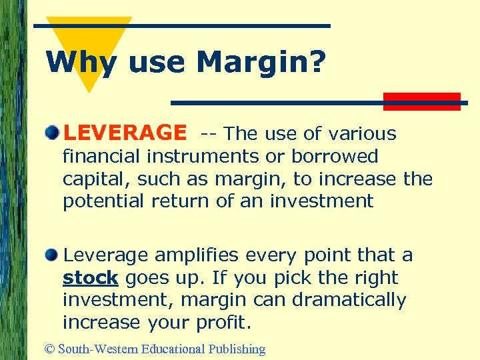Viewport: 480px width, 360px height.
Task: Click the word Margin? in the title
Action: coord(261,63)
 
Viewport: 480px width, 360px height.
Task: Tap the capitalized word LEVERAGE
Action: coord(125,133)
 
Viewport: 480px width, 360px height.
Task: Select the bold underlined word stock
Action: coord(90,278)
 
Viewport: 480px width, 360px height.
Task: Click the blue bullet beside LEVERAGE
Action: coord(53,132)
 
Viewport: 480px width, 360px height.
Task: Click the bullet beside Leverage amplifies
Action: coord(53,253)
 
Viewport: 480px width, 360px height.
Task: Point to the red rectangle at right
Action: coord(422,101)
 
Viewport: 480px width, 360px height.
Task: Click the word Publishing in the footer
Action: coord(237,349)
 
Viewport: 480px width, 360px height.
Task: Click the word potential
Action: coord(103,201)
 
